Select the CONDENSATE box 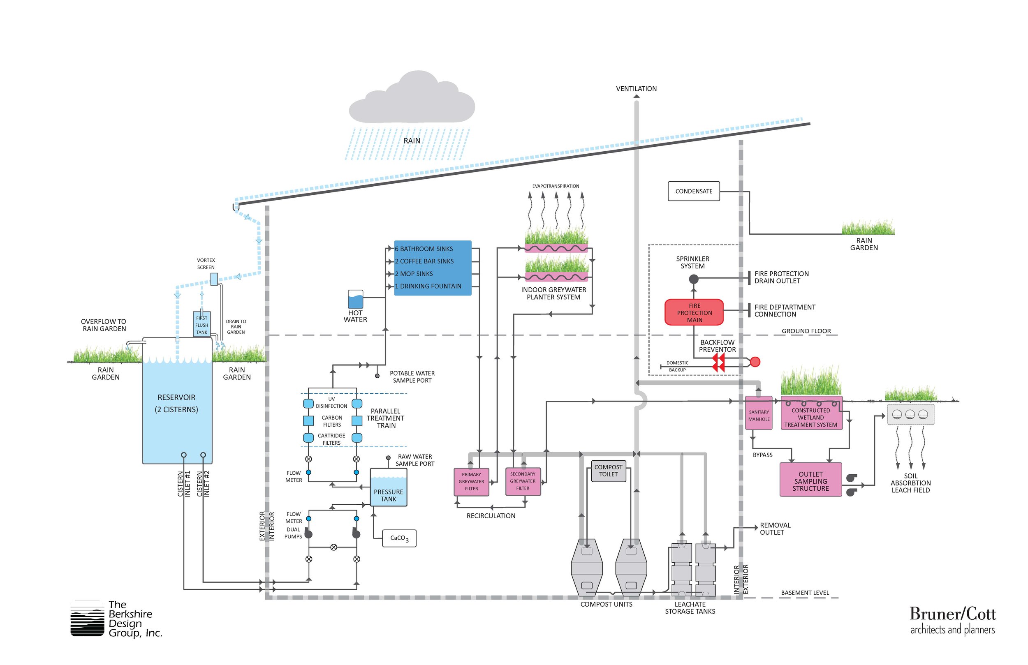point(694,191)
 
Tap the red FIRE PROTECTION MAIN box point(694,312)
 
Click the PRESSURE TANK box point(388,487)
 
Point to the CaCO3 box point(399,538)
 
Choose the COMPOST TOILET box point(608,471)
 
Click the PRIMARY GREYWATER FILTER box point(471,481)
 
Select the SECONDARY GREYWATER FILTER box point(523,481)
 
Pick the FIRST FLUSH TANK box point(202,324)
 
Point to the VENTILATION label point(636,88)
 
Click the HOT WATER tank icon point(355,299)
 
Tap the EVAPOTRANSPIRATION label point(556,186)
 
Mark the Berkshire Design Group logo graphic point(87,619)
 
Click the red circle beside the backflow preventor point(755,362)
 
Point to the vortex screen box point(214,279)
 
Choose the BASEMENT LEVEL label point(805,593)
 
